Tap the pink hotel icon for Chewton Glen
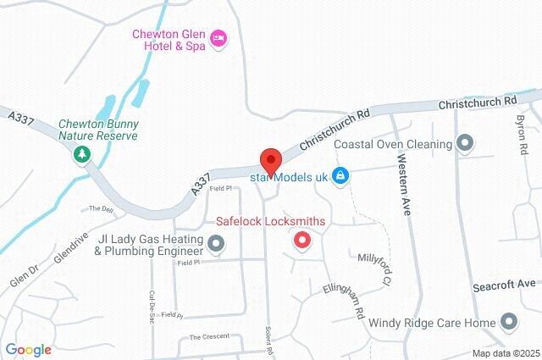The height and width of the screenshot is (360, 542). click(218, 37)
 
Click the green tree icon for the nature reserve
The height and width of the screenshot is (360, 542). click(82, 154)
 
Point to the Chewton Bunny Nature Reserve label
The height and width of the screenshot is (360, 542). click(98, 129)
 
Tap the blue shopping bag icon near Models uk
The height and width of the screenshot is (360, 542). click(340, 176)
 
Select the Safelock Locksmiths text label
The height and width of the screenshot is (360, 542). click(271, 221)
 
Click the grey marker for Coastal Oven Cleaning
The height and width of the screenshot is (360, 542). click(464, 143)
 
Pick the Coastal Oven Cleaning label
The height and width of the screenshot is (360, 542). click(393, 144)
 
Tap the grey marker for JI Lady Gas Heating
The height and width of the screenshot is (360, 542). click(216, 245)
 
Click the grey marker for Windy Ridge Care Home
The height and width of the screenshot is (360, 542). click(508, 323)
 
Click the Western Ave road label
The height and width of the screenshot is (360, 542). click(403, 184)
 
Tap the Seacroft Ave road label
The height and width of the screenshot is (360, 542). click(517, 285)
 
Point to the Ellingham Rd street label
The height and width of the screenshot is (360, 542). click(344, 302)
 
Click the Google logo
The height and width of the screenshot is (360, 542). click(28, 350)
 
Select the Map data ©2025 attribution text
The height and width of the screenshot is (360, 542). click(506, 353)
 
